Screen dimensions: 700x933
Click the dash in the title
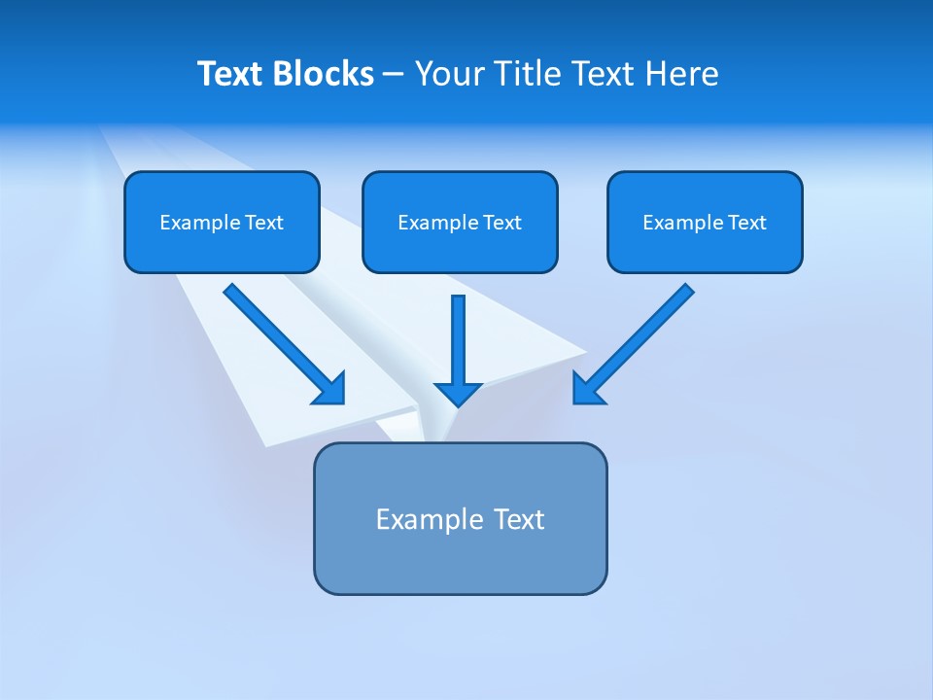click(394, 75)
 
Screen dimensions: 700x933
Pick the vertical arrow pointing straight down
click(458, 340)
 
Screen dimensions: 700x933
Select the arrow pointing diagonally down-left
click(637, 340)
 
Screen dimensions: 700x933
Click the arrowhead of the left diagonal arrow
click(330, 389)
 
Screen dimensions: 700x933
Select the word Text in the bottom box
click(519, 519)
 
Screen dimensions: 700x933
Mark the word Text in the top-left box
click(264, 223)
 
